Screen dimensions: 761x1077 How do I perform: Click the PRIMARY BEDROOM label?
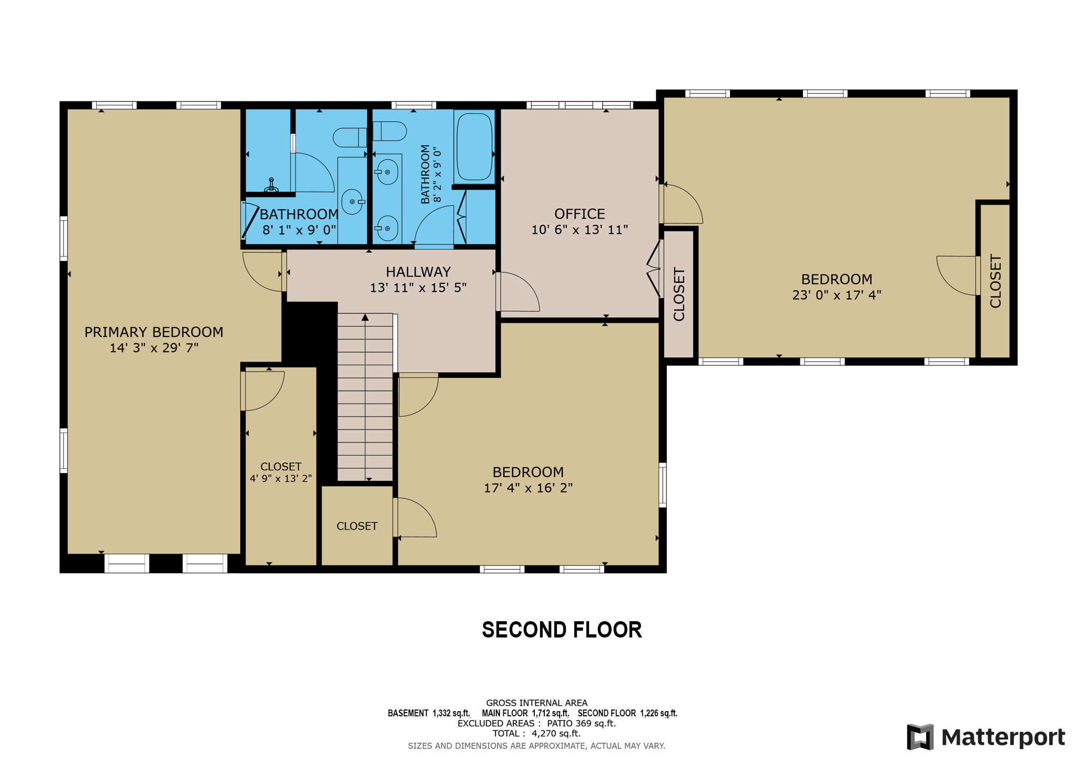(154, 332)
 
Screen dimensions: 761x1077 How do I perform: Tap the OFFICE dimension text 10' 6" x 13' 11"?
(580, 230)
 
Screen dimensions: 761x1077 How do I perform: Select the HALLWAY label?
(418, 272)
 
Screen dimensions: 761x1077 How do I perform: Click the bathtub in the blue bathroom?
(474, 147)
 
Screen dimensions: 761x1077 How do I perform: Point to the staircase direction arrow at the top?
(365, 317)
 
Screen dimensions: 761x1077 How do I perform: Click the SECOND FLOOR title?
(562, 630)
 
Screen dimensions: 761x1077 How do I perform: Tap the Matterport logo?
(985, 737)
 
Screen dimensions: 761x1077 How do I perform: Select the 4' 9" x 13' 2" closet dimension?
(281, 478)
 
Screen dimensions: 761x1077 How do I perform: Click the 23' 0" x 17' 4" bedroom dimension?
(837, 295)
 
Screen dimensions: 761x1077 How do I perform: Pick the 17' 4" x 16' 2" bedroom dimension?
(528, 488)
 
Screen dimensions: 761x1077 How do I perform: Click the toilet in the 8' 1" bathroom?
(349, 138)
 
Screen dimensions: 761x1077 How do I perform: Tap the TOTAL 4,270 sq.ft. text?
(536, 733)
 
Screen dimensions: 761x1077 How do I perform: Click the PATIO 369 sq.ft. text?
(581, 723)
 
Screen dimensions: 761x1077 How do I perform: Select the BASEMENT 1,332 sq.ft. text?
(429, 713)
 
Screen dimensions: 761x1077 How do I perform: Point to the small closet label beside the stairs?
(357, 526)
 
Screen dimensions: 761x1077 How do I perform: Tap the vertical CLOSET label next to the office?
(679, 294)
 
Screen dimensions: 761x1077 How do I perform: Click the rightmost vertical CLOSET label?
(995, 281)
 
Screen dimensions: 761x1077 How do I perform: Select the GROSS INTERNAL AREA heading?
(536, 703)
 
